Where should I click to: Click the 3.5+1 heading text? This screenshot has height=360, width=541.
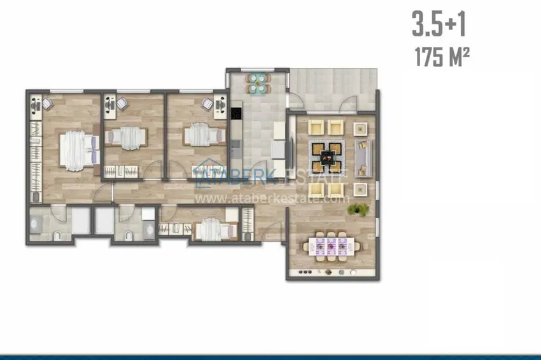click(x=439, y=24)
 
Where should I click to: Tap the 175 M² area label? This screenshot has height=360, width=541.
click(x=442, y=57)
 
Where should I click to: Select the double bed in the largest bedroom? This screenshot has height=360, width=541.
click(x=80, y=150)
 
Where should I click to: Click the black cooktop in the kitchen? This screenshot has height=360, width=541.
click(x=236, y=113)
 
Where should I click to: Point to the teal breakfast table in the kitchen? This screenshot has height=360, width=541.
click(x=258, y=83)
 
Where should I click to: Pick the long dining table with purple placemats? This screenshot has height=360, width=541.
click(x=331, y=246)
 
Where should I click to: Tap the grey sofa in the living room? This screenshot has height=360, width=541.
click(x=363, y=158)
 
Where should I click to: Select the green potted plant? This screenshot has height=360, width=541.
click(x=358, y=209)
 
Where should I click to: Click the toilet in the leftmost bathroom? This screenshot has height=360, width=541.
click(x=58, y=236)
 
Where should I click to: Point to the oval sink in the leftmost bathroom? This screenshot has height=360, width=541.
click(x=34, y=225)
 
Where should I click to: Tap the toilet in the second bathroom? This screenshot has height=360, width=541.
click(x=129, y=236)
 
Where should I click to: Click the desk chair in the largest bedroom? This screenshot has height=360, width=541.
click(x=47, y=104)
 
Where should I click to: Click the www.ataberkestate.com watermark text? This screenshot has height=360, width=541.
click(x=272, y=199)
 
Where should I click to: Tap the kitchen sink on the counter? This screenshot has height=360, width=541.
click(x=236, y=146)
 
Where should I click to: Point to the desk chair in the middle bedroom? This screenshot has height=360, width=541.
click(x=122, y=104)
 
